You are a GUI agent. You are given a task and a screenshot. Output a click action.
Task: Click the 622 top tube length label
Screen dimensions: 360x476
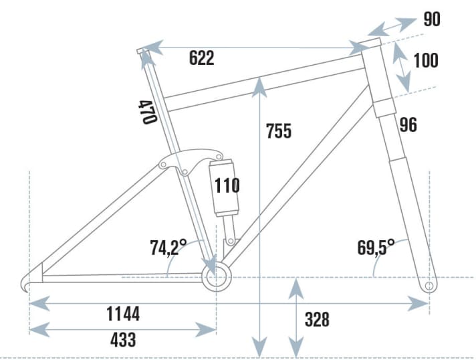pos(201,59)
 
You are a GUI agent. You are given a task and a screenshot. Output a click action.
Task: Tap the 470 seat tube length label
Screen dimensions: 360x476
pos(148,111)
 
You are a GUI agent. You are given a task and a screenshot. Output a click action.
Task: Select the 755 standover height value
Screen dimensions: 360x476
pos(277,130)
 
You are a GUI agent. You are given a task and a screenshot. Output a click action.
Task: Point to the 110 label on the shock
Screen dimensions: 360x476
pos(227,185)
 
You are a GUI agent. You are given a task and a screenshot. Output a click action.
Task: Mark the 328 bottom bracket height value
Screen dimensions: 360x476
pos(317,319)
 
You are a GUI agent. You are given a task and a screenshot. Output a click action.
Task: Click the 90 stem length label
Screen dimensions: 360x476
pos(432,19)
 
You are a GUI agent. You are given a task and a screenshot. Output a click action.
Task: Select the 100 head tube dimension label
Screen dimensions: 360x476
pos(425,60)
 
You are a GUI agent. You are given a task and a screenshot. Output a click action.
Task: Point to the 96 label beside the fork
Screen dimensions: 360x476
pos(407,124)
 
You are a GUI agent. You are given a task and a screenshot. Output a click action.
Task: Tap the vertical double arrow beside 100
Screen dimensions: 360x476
pos(401,66)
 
